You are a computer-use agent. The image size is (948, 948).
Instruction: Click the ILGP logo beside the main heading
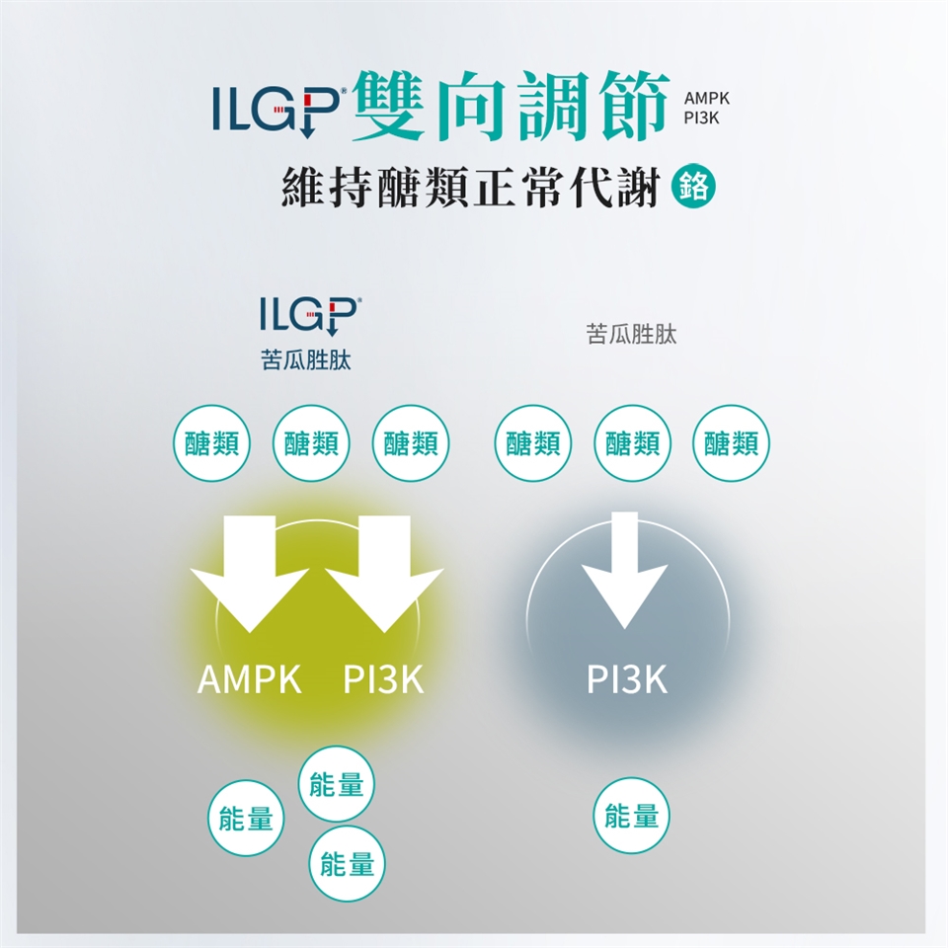pyautogui.click(x=279, y=109)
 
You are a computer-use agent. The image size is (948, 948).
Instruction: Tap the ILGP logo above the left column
pyautogui.click(x=310, y=315)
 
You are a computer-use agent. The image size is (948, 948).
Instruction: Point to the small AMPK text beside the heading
pyautogui.click(x=711, y=100)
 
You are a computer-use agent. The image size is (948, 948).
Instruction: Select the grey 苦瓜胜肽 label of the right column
pyautogui.click(x=632, y=336)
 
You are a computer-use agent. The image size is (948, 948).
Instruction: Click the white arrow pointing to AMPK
pyautogui.click(x=249, y=573)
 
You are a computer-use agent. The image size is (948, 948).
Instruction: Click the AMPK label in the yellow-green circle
pyautogui.click(x=249, y=679)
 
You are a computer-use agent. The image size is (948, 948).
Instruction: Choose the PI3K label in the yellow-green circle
pyautogui.click(x=383, y=679)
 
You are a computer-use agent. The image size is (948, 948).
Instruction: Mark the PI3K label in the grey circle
pyautogui.click(x=626, y=679)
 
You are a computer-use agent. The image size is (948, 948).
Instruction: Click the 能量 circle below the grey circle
pyautogui.click(x=632, y=816)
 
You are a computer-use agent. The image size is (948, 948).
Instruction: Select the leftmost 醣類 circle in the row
pyautogui.click(x=210, y=444)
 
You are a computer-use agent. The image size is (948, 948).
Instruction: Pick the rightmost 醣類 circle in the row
pyautogui.click(x=732, y=444)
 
